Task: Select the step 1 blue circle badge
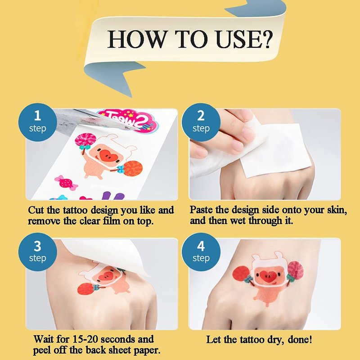(38, 122)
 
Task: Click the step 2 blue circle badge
(201, 122)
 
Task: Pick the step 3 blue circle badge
(38, 252)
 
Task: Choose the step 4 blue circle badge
(201, 252)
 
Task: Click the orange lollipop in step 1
(133, 168)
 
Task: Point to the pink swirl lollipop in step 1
(85, 140)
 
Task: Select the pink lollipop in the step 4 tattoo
(296, 270)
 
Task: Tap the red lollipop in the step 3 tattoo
(85, 288)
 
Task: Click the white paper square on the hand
(275, 149)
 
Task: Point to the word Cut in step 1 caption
(36, 210)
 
